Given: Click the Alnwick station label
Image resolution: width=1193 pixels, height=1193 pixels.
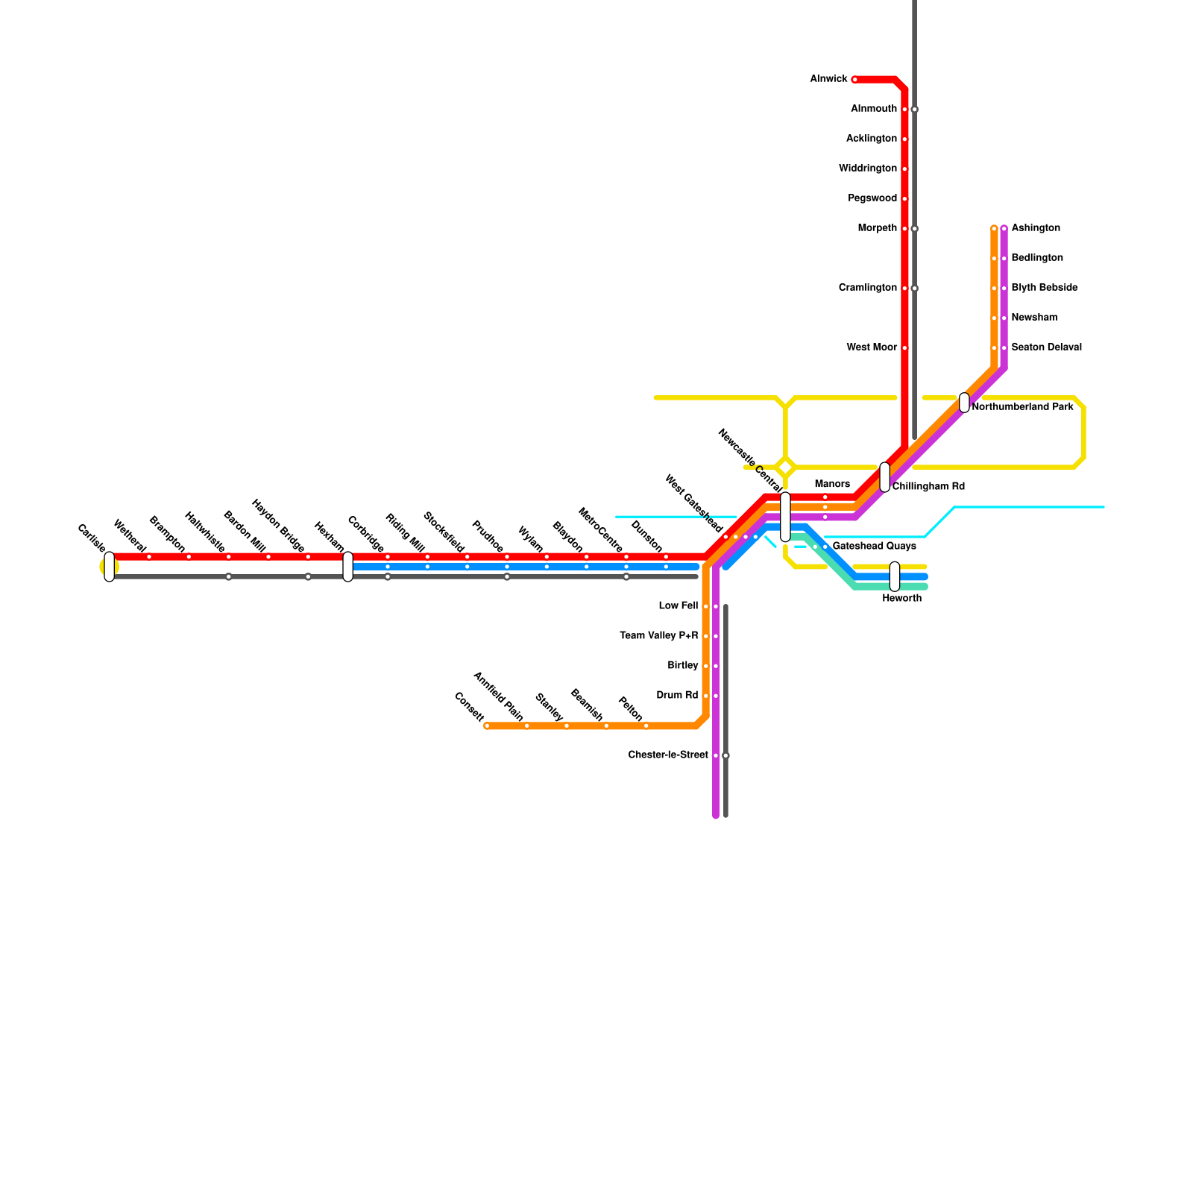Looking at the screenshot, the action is pyautogui.click(x=828, y=79).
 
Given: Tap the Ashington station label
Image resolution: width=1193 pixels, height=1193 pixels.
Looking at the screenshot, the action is pyautogui.click(x=1036, y=228).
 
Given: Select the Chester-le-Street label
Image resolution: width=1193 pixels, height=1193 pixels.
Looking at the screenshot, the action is pyautogui.click(x=668, y=755).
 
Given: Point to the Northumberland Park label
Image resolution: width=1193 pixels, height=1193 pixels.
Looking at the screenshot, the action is pyautogui.click(x=1023, y=407).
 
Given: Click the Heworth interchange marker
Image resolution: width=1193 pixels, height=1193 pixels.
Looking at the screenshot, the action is pyautogui.click(x=895, y=576).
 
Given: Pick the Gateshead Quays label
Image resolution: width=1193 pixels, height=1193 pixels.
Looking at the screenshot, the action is pyautogui.click(x=874, y=547).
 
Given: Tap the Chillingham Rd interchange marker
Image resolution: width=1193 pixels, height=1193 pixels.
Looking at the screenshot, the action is pyautogui.click(x=884, y=477).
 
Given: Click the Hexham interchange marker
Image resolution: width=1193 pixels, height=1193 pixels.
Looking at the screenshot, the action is pyautogui.click(x=347, y=567).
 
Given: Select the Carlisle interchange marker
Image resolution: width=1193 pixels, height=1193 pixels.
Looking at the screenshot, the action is pyautogui.click(x=109, y=567).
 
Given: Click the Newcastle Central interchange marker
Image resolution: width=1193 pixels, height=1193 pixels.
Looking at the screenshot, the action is pyautogui.click(x=785, y=517).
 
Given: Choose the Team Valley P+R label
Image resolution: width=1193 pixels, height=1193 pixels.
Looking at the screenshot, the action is pyautogui.click(x=659, y=636).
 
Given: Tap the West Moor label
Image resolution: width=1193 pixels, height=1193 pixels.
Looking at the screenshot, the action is pyautogui.click(x=872, y=347).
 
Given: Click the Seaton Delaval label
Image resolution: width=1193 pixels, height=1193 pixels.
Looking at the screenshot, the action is pyautogui.click(x=1046, y=347).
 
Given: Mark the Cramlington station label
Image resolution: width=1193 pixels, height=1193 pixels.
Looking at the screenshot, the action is pyautogui.click(x=868, y=288).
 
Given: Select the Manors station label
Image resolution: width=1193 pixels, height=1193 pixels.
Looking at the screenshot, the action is pyautogui.click(x=832, y=485).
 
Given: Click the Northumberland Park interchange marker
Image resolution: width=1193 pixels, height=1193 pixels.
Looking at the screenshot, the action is pyautogui.click(x=964, y=403).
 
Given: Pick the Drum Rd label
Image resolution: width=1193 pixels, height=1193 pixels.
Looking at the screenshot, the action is pyautogui.click(x=677, y=696).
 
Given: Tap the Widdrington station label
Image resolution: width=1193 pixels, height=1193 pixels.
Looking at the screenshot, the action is pyautogui.click(x=868, y=169).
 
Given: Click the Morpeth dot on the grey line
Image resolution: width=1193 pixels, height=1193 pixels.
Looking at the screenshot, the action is pyautogui.click(x=914, y=228).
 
